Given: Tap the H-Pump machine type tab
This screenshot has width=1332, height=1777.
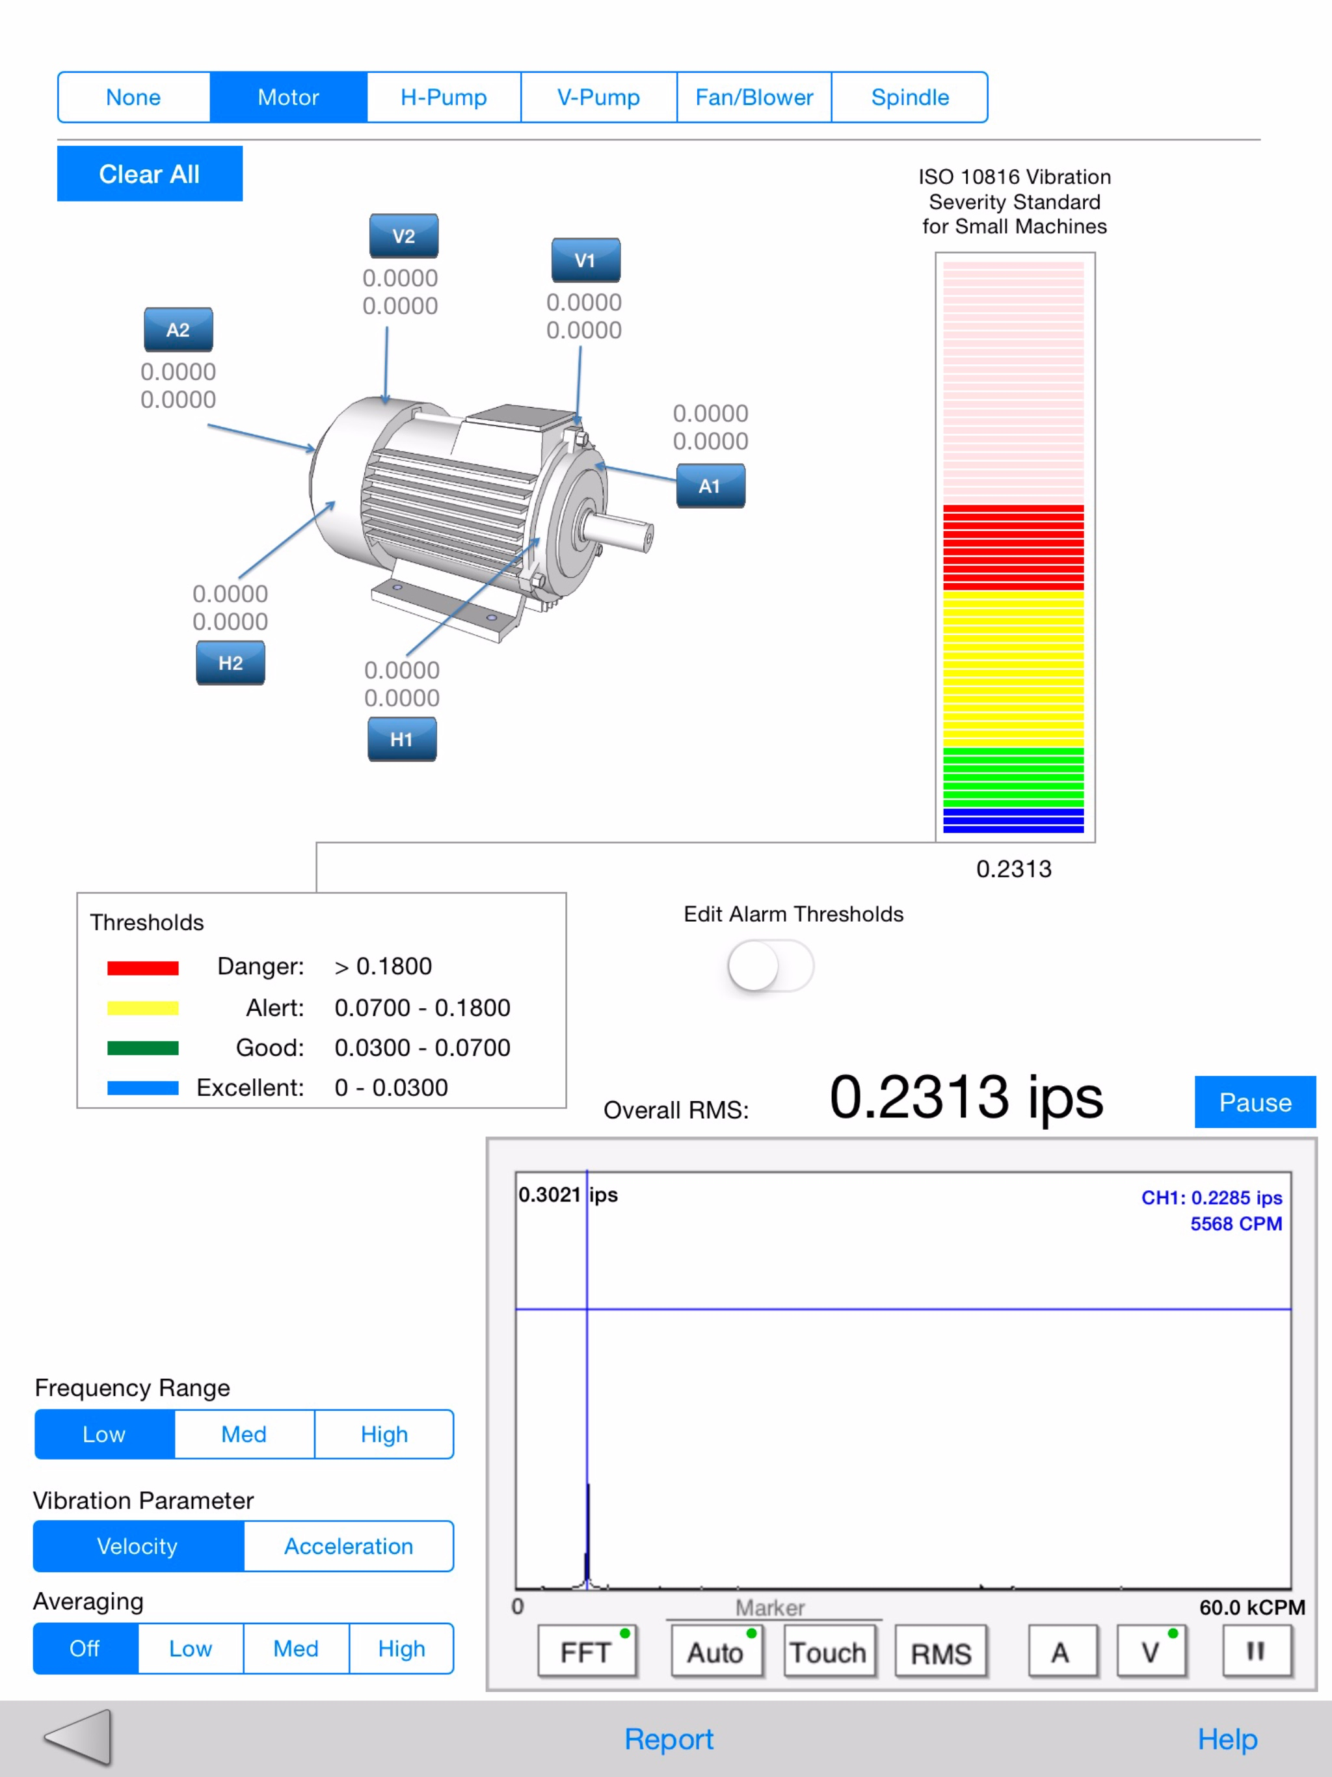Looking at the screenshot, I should click(444, 97).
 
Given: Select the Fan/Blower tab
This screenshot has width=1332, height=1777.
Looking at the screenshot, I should click(754, 97).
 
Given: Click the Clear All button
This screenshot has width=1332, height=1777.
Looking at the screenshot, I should click(150, 174).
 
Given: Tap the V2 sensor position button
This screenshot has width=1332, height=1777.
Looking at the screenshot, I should click(403, 236).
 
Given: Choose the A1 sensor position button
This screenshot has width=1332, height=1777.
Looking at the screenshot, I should click(710, 486).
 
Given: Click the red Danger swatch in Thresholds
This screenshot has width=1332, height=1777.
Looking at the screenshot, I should click(143, 967).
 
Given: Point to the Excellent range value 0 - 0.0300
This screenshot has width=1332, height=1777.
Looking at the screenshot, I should click(392, 1087).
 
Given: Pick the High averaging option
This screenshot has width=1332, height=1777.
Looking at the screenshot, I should click(401, 1648).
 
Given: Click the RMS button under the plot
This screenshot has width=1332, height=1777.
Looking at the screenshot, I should click(940, 1653).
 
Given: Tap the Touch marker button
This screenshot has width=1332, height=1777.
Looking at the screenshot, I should click(829, 1653).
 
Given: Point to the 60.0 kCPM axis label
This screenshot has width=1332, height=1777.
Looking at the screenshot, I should click(1251, 1607).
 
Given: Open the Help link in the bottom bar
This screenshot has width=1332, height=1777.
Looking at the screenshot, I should click(1227, 1739).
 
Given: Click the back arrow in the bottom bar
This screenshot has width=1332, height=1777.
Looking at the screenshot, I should click(79, 1737).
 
